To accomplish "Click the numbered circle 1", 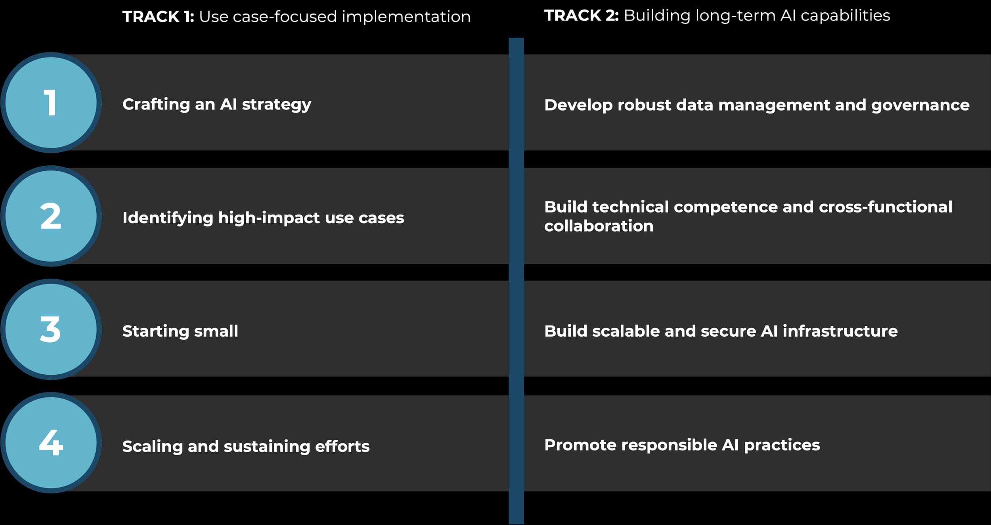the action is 51,103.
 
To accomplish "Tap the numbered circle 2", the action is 51,216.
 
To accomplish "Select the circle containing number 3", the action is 51,330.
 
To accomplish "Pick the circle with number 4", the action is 51,443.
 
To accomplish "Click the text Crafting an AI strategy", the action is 217,105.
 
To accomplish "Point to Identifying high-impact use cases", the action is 263,218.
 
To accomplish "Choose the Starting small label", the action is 180,331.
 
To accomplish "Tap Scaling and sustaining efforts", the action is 246,446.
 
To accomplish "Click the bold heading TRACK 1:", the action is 158,17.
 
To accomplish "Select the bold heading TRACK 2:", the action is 582,15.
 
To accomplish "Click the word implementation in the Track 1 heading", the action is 406,17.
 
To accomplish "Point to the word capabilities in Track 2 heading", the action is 846,16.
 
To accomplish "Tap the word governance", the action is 920,105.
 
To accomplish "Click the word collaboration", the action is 599,226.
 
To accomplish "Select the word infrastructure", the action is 840,331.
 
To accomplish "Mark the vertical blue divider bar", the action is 516,281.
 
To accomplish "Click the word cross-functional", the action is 886,207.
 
